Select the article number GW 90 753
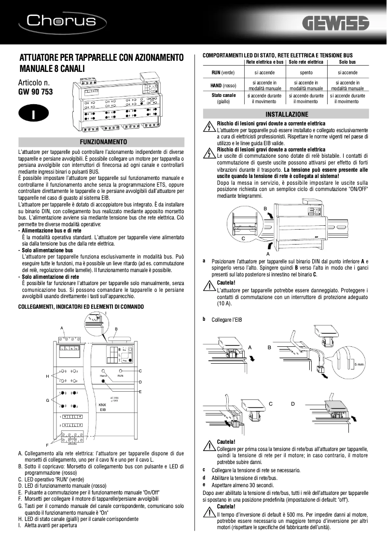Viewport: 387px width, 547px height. (x=35, y=91)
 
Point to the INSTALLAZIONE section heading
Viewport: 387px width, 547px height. (x=287, y=115)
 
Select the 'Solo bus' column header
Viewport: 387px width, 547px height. (x=347, y=62)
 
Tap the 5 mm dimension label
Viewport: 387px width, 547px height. (x=359, y=364)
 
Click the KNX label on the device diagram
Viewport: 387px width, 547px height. (x=102, y=405)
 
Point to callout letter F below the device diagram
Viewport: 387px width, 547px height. (x=47, y=444)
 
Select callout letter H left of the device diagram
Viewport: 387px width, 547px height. (x=47, y=375)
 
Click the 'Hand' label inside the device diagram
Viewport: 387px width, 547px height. (x=103, y=375)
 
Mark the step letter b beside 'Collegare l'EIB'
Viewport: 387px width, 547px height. (x=204, y=319)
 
